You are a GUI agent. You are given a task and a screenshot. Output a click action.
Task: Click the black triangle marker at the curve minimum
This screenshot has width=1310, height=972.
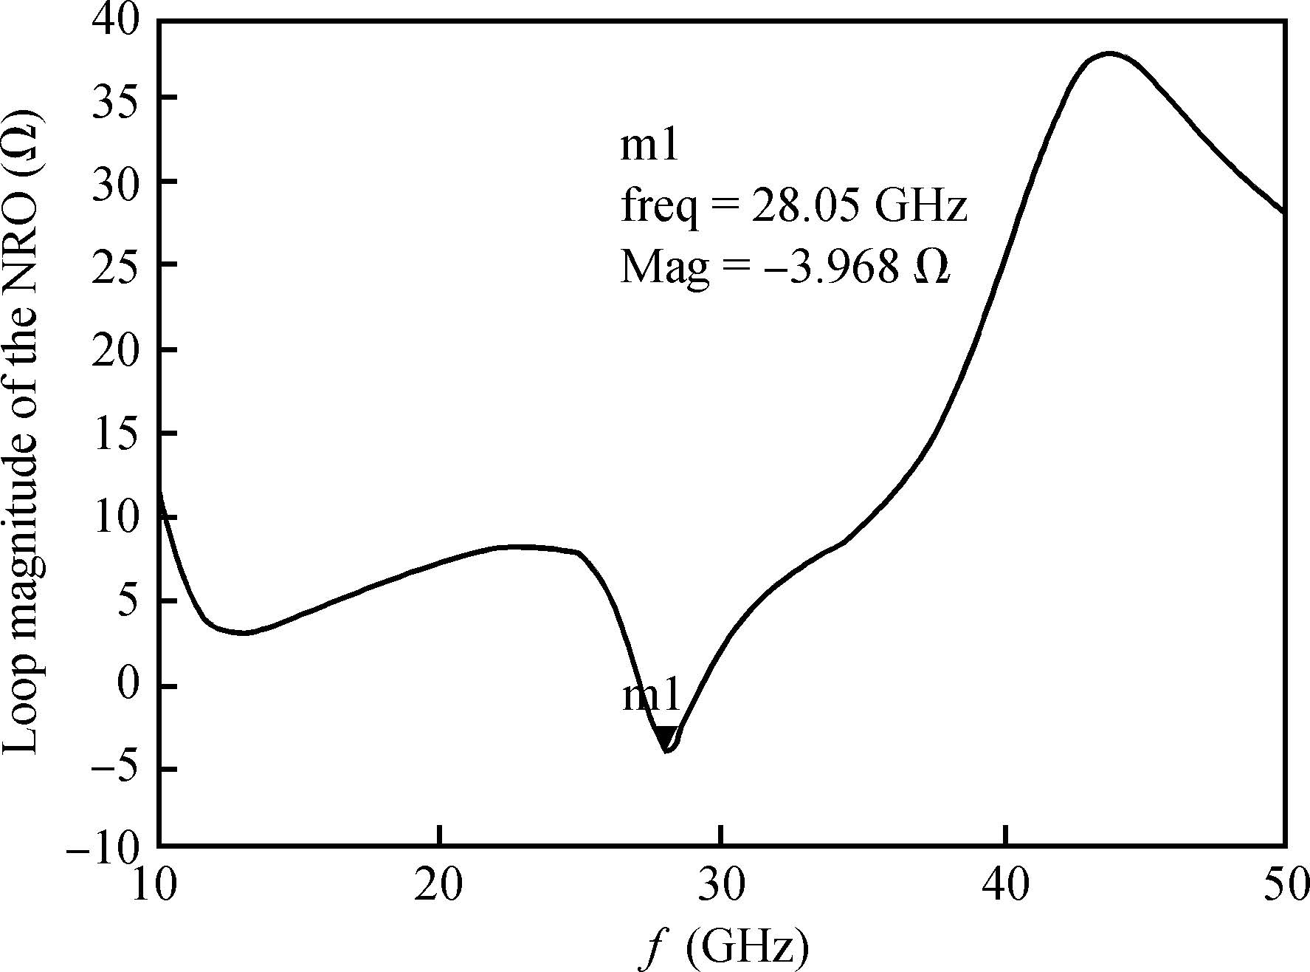tap(666, 737)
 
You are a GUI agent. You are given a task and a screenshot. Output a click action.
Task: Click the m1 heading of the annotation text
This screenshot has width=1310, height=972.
tap(649, 146)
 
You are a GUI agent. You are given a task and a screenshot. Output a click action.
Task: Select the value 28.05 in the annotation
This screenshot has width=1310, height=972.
tap(805, 207)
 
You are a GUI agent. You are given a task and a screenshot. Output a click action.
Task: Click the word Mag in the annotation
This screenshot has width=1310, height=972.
tap(663, 268)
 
